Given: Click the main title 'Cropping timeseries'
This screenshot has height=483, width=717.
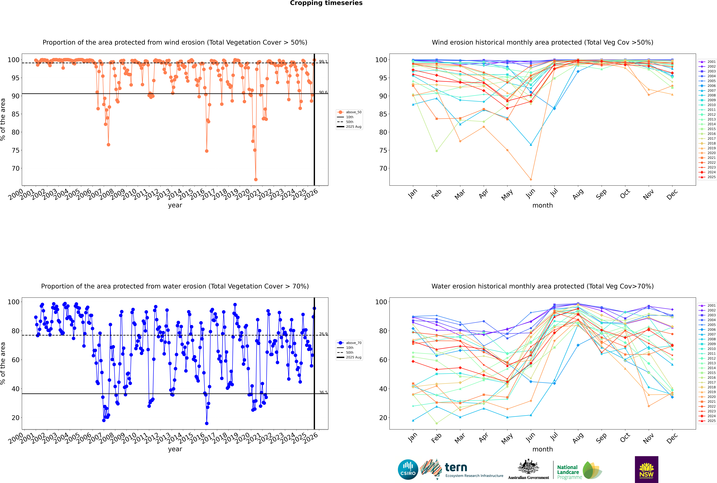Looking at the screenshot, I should pos(326,3).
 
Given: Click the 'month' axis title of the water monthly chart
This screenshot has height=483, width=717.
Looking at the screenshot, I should pos(543,449).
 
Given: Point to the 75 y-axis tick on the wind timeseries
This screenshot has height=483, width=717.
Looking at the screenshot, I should pos(15,150).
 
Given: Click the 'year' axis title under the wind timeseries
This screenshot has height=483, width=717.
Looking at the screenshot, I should pos(175,205).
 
